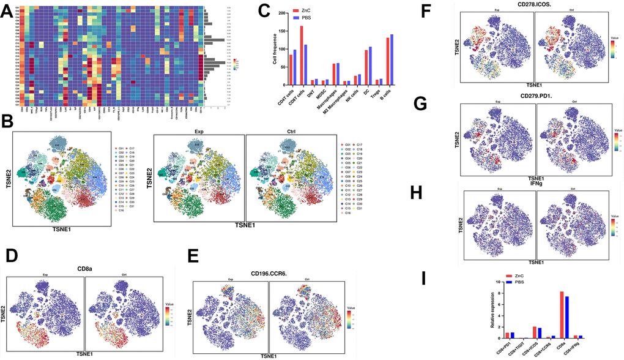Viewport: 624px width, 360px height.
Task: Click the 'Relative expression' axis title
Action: click(x=493, y=310)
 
